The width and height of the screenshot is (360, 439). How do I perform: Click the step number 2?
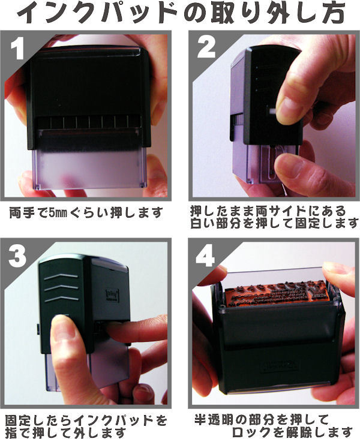tap(206, 47)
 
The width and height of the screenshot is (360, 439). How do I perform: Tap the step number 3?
tap(17, 256)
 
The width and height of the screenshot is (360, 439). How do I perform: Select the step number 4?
tap(205, 256)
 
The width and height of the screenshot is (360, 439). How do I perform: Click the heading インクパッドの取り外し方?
tap(181, 13)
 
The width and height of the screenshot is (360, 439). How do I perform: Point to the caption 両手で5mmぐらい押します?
tap(86, 213)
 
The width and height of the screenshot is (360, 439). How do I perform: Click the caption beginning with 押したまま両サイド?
tap(274, 217)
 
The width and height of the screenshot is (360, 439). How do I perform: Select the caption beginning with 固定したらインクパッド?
tap(86, 426)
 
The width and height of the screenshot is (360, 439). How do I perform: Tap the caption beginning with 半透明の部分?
tap(274, 426)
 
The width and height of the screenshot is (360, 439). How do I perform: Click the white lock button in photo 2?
tap(271, 110)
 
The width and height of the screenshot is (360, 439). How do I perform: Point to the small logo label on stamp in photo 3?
tap(112, 296)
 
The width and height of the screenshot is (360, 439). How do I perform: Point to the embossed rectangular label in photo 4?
tap(280, 365)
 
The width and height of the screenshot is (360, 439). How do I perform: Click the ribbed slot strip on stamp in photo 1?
tap(89, 122)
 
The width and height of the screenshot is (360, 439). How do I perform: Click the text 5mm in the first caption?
tap(58, 213)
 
